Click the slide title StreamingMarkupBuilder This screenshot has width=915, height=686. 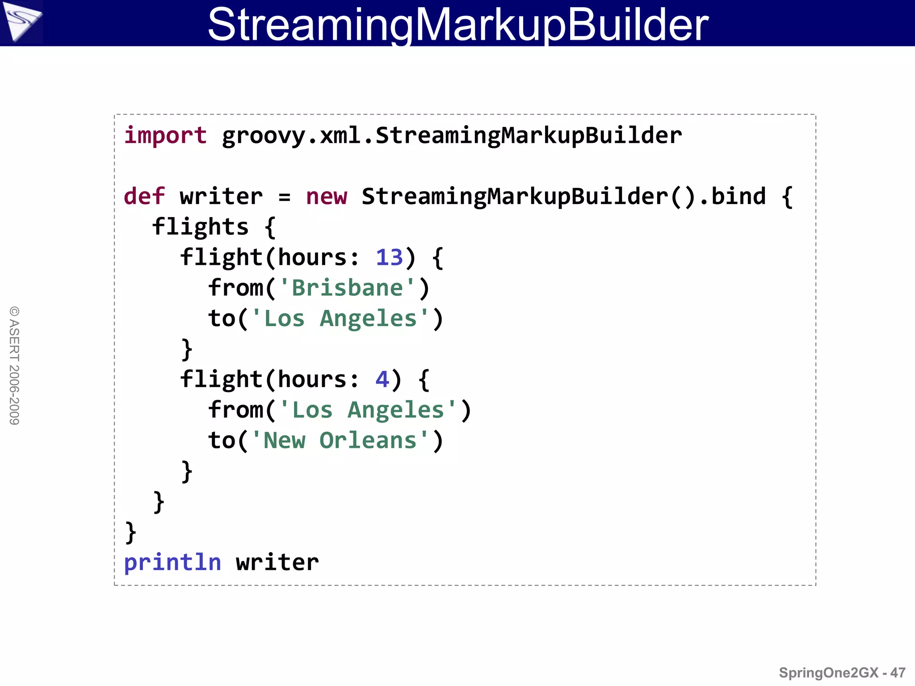(x=457, y=24)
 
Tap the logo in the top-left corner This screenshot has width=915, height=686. (x=21, y=21)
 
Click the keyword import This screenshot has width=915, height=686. (x=165, y=135)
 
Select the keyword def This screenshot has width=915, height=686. (x=144, y=197)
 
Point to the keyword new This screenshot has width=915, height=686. (x=326, y=197)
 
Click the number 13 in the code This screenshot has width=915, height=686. (x=389, y=257)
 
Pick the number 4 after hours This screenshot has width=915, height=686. (x=382, y=379)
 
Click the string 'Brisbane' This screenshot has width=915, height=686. (x=347, y=288)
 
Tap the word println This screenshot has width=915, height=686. (x=172, y=562)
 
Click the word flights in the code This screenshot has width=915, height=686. (x=200, y=227)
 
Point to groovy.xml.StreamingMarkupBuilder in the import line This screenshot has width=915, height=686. (x=452, y=135)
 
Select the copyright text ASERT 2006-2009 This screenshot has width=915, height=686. (x=14, y=365)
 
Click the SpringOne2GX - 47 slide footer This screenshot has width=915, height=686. (x=842, y=673)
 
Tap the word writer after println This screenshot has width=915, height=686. (x=277, y=562)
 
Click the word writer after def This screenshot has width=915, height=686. (x=221, y=197)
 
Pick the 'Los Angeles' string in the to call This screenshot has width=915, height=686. (x=340, y=318)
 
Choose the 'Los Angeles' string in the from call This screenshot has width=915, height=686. (x=368, y=410)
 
